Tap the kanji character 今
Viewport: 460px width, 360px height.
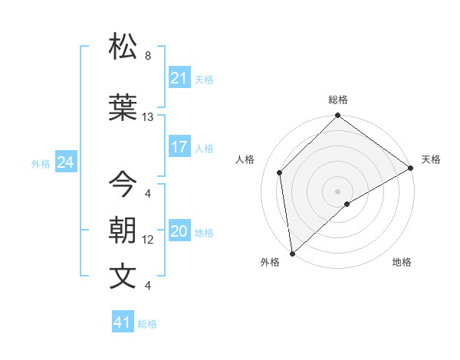coord(123,184)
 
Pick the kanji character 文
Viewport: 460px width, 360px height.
coord(123,277)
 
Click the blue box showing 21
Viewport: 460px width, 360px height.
coord(179,78)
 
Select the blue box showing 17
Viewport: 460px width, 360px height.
coord(179,148)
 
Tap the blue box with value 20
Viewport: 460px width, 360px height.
coord(179,232)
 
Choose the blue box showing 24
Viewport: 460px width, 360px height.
coord(65,162)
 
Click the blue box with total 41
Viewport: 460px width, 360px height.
coord(123,322)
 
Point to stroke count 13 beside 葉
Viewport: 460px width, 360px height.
coord(148,117)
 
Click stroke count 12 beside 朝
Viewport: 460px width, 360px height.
coord(148,240)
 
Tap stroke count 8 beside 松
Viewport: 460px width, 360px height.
coord(147,56)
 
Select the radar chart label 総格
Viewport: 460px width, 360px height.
coord(337,100)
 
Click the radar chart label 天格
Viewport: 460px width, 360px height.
coord(431,159)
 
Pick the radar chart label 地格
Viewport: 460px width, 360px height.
coord(402,262)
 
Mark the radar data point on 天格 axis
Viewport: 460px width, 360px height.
coord(411,168)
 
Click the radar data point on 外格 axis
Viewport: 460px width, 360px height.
coord(292,253)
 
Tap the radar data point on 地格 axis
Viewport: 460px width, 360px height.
coord(347,204)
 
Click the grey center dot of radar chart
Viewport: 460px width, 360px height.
coord(337,191)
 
